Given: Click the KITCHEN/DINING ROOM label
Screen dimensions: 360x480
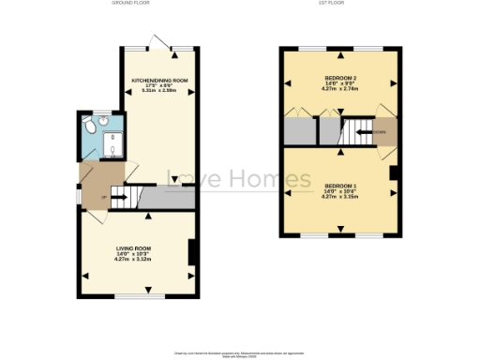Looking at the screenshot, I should point(160,81).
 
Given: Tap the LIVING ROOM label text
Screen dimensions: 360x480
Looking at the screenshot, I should point(134,247).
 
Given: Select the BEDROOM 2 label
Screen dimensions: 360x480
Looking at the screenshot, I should point(338,76).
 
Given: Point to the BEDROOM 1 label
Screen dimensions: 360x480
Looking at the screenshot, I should point(338,186).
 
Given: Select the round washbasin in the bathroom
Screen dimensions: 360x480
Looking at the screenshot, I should point(104,120).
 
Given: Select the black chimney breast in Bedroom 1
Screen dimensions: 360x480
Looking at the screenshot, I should point(394,172).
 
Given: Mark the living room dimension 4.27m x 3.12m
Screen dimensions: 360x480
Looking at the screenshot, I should point(134,259).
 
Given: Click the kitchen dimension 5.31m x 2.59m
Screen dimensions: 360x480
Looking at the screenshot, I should point(160,91).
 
